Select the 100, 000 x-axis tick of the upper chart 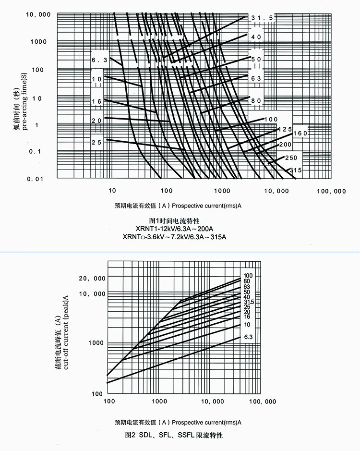coord(331,191)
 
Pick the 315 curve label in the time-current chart coord(296,170)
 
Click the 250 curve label coord(291,158)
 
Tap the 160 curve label coord(300,133)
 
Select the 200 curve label coord(286,144)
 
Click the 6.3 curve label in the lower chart coord(248,338)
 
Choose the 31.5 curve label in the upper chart coord(262,18)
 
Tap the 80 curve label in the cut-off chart coord(247,281)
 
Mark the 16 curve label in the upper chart coord(97,101)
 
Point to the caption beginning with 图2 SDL coord(174,435)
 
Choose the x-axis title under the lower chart coord(178,423)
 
